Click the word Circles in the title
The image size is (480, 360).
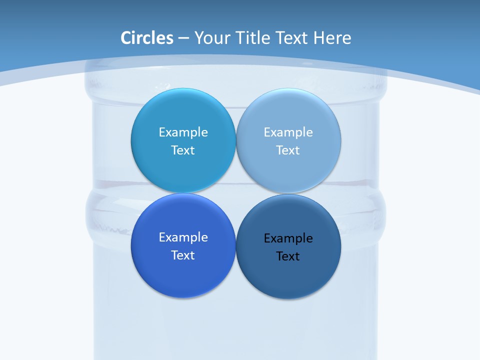click(147, 38)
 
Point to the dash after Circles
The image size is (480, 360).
click(183, 38)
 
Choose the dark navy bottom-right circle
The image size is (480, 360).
click(288, 280)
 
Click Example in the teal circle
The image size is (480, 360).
click(183, 132)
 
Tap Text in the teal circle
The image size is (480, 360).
click(183, 150)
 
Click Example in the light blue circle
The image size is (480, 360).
click(288, 132)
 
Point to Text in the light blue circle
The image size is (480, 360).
click(288, 150)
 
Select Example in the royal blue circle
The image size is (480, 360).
click(183, 237)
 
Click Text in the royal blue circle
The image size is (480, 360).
click(183, 255)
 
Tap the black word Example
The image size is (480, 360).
click(288, 238)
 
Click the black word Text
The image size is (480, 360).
click(288, 256)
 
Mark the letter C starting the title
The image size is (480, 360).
click(125, 38)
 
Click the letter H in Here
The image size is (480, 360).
click(318, 38)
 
